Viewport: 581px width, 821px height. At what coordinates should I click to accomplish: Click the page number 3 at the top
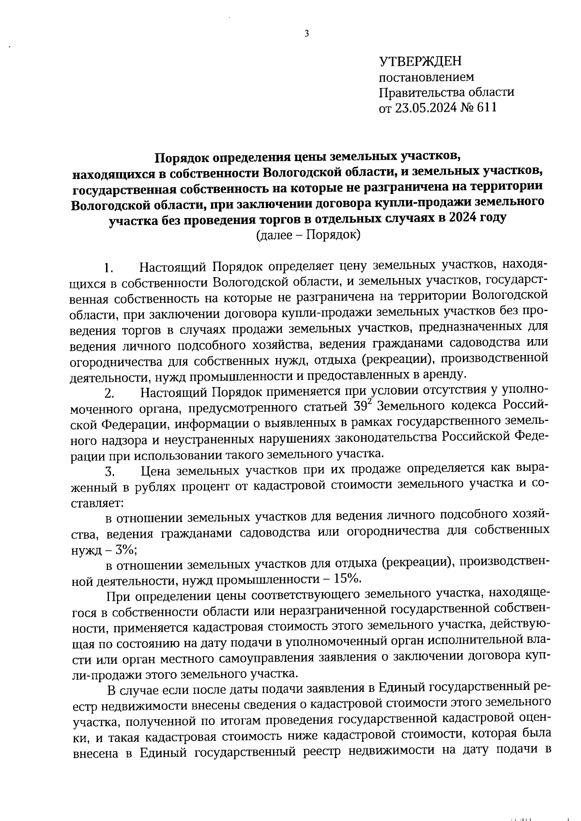tap(306, 33)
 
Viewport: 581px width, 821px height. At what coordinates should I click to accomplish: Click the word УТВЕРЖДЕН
tap(420, 61)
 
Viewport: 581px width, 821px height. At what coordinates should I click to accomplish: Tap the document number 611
tap(487, 107)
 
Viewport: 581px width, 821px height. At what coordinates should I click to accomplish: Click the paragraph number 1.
tap(108, 268)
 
